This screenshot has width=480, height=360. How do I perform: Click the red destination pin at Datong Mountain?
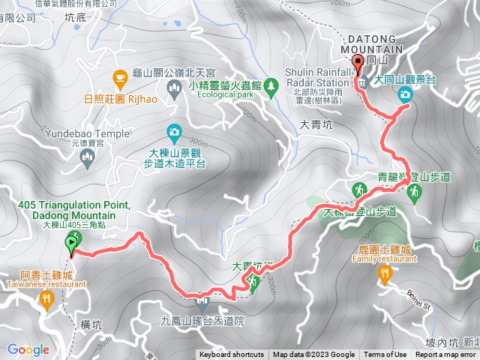[x=358, y=63]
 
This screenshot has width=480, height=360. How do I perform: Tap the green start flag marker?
[x=73, y=242]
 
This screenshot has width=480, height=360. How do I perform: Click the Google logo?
[x=28, y=349]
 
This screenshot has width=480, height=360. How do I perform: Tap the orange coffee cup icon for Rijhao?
[x=119, y=77]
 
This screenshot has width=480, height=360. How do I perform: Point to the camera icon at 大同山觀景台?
[x=406, y=94]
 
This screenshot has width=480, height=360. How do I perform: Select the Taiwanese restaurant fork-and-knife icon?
[x=46, y=299]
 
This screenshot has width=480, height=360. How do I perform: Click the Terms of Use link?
[x=385, y=355]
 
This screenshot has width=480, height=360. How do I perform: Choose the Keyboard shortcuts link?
[x=232, y=355]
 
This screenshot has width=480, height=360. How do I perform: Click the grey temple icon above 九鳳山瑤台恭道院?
[x=201, y=304]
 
